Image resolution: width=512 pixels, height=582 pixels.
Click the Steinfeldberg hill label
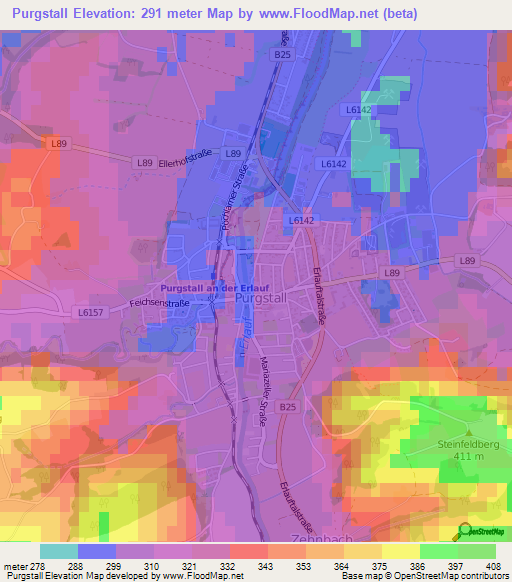click(x=473, y=446)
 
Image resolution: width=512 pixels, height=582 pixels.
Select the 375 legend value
click(x=364, y=566)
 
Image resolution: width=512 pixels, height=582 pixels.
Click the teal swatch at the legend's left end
click(x=58, y=551)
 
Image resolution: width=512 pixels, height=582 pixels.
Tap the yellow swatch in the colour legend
click(x=400, y=551)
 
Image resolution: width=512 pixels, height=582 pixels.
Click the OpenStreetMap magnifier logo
click(x=466, y=530)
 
